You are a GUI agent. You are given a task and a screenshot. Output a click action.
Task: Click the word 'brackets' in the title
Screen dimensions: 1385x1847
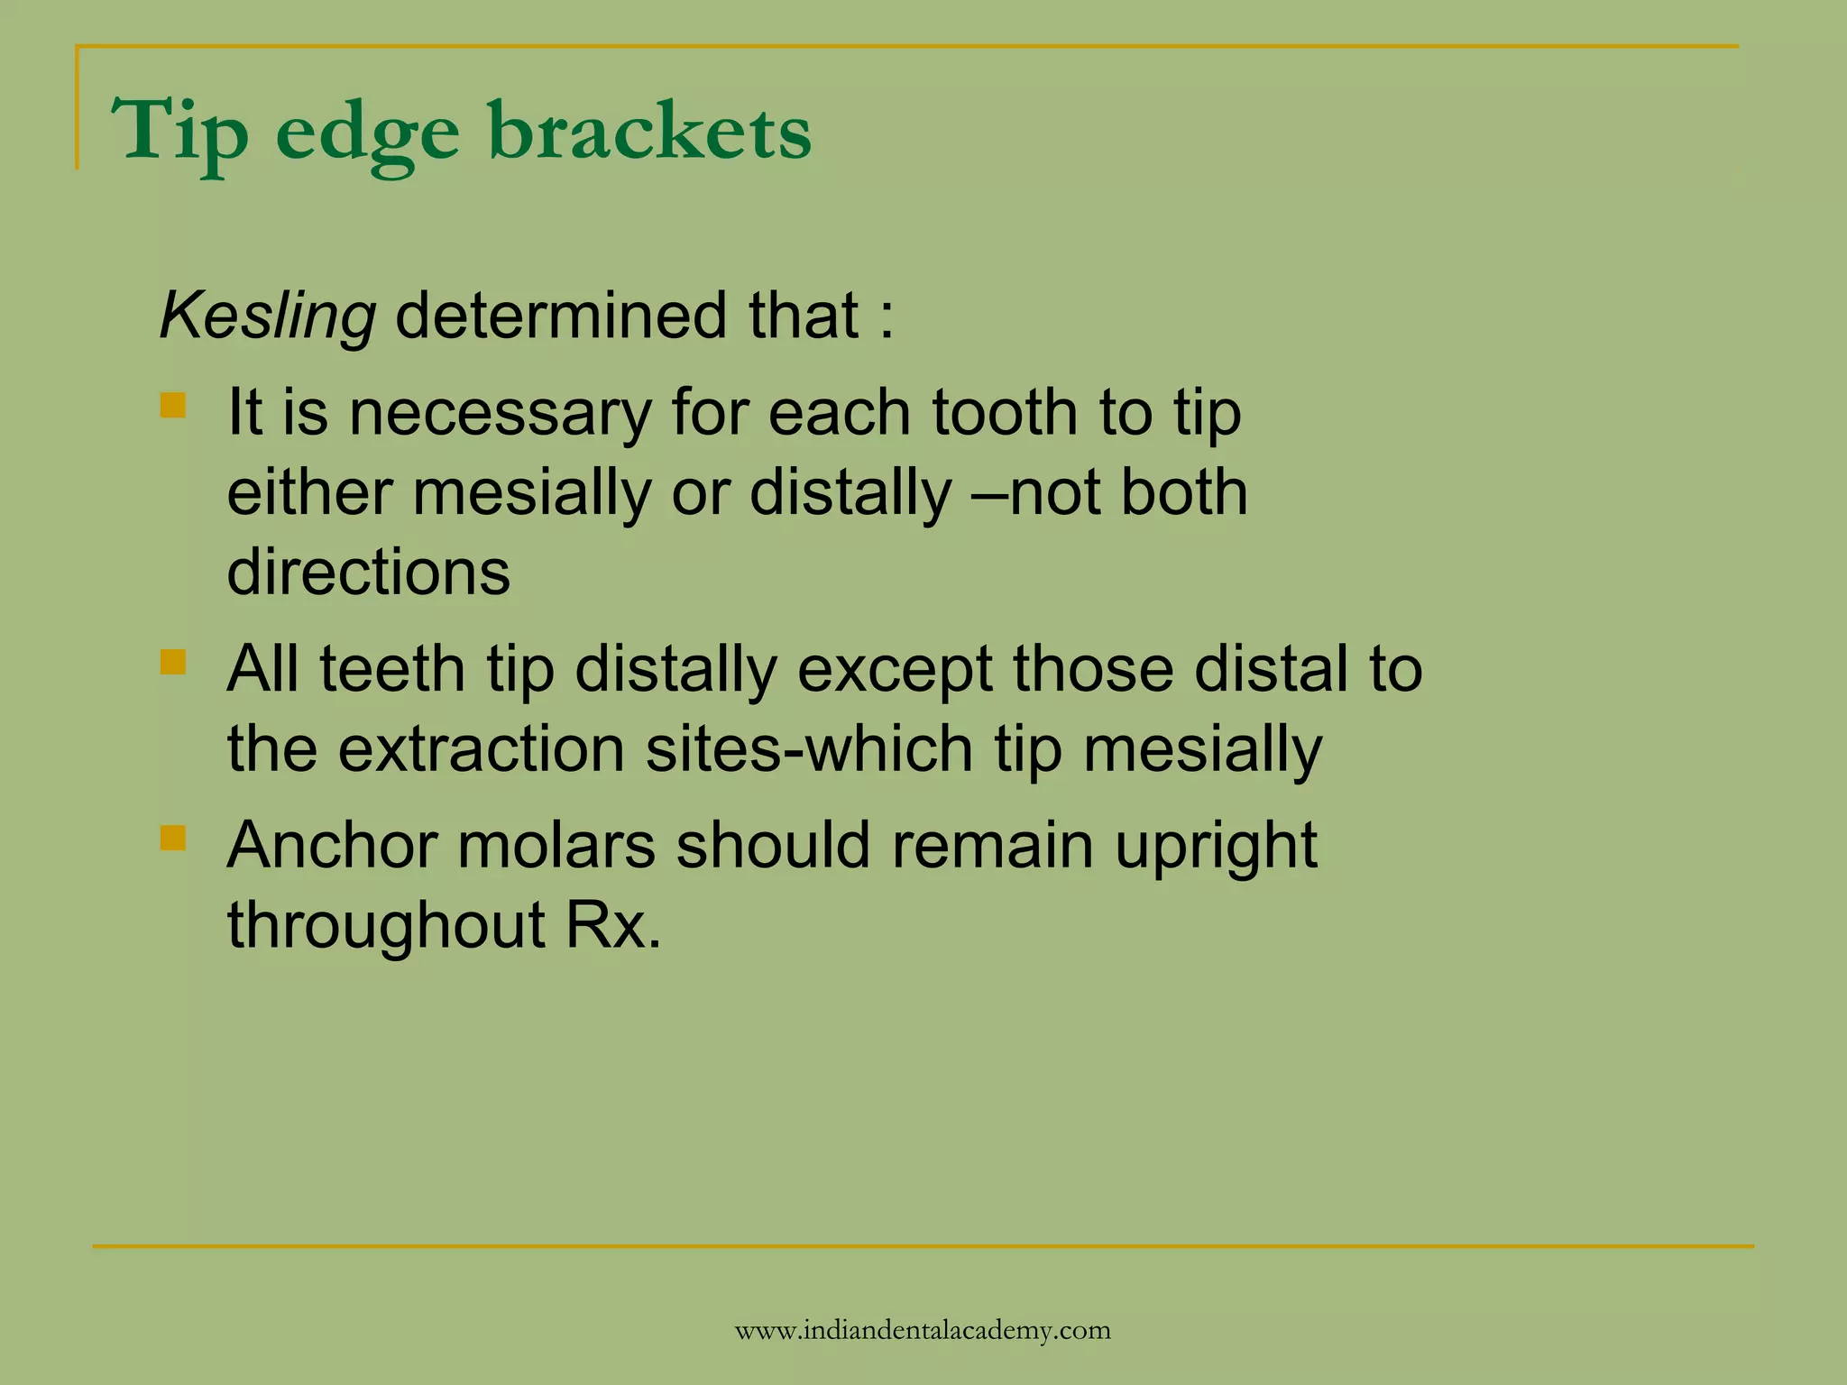click(x=649, y=132)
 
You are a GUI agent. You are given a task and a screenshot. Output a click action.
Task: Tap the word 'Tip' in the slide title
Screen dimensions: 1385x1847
click(x=179, y=133)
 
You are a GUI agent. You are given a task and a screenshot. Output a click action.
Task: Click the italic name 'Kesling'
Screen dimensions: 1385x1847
click(x=267, y=316)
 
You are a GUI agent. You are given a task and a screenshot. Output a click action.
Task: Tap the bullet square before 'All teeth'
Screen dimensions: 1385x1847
click(x=172, y=663)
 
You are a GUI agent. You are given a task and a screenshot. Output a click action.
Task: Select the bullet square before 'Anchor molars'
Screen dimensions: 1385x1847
click(x=172, y=839)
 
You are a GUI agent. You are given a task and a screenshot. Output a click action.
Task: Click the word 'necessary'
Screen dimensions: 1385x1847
click(x=500, y=413)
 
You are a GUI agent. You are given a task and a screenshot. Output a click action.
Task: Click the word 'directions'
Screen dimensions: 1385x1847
click(x=368, y=572)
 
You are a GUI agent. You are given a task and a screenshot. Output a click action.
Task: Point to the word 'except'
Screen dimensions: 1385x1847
click(x=894, y=671)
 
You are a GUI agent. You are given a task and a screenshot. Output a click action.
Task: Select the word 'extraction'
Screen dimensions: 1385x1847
click(x=482, y=748)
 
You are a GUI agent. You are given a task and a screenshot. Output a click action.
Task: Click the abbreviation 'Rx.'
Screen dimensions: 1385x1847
click(x=613, y=925)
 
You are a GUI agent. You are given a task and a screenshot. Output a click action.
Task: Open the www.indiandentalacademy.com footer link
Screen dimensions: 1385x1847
click(x=923, y=1330)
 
